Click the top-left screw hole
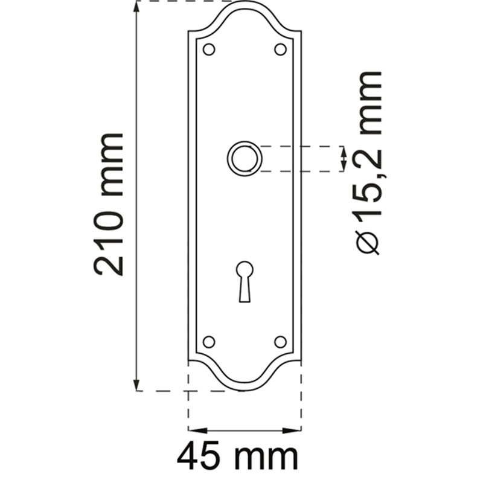209,50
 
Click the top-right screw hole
280,50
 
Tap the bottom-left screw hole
209,342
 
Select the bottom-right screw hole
280,342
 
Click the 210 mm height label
109,205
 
